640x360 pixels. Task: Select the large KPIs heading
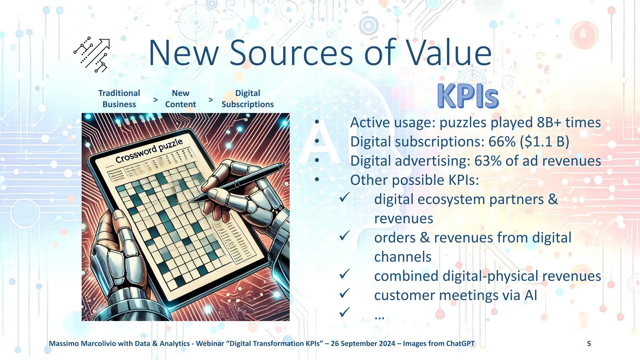point(468,97)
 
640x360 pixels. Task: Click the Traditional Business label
point(119,99)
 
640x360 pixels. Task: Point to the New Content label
point(180,99)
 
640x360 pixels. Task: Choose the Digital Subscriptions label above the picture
point(247,99)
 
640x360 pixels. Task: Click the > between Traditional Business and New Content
point(155,100)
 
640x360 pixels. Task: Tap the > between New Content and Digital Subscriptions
point(211,100)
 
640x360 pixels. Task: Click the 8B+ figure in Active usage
point(549,122)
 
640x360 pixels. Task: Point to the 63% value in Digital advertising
point(488,161)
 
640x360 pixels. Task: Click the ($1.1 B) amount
point(545,142)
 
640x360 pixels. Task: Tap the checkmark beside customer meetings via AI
point(344,293)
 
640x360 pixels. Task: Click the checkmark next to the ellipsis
point(344,312)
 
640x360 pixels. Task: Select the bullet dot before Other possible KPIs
point(317,180)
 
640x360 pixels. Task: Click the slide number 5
point(589,344)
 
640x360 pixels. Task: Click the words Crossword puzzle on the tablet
point(149,151)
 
